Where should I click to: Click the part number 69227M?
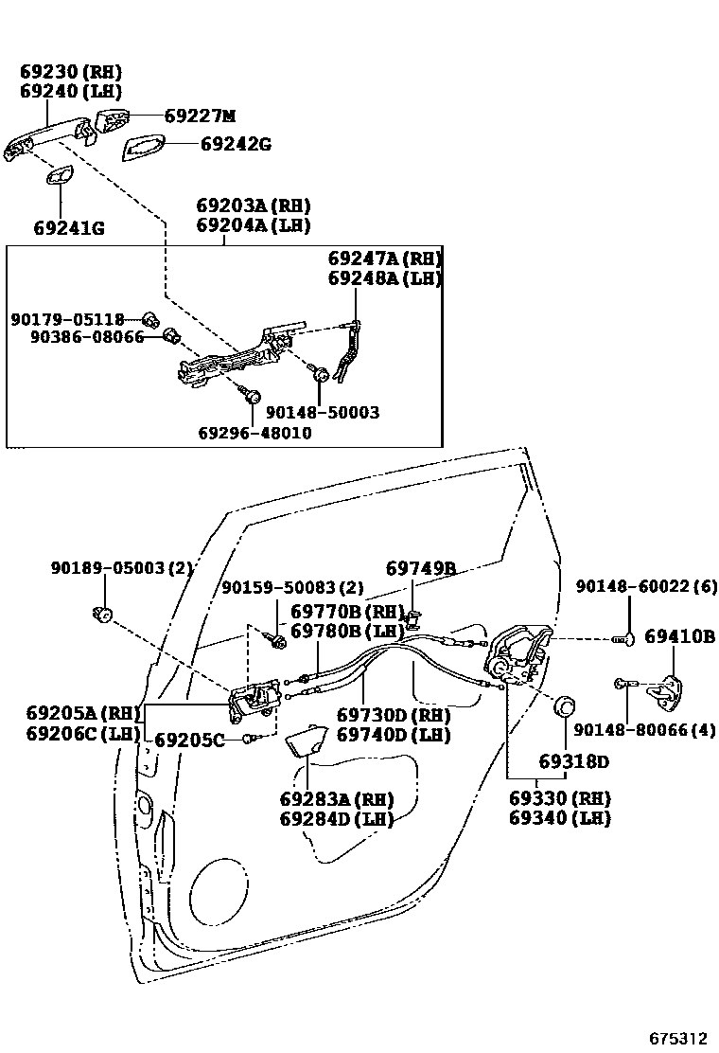pos(199,116)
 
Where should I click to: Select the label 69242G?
pos(236,144)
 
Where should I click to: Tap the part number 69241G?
pos(69,228)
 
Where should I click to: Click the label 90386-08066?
pos(86,336)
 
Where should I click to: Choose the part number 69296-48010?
pos(254,433)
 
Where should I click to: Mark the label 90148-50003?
pos(322,413)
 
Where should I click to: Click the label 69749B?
pos(421,568)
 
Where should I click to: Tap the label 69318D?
pos(574,761)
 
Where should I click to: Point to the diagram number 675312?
pos(677,1038)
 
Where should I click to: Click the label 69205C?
pos(189,740)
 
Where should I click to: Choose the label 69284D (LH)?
pos(336,818)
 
